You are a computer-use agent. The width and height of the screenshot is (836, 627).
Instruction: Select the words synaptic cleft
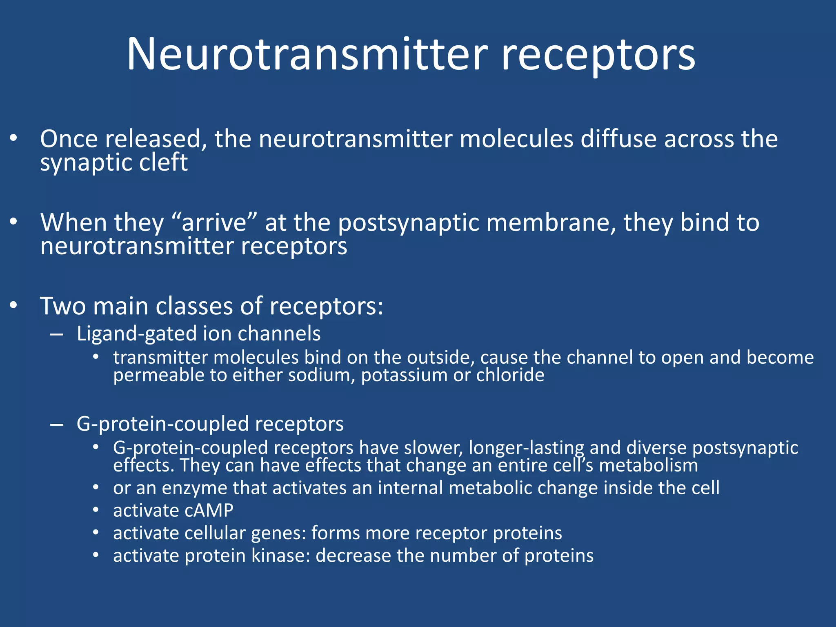(x=113, y=163)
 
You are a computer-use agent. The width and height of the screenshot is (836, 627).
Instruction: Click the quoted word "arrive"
(x=214, y=223)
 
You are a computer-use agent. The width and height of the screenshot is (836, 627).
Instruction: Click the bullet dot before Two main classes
(x=13, y=305)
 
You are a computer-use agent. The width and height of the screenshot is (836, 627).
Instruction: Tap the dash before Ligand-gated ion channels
(x=57, y=334)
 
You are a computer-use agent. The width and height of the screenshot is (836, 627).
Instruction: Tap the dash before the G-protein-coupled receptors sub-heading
(x=57, y=425)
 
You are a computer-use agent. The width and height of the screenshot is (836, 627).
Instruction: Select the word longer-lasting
(x=527, y=448)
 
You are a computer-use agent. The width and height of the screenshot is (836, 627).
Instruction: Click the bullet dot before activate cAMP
(x=96, y=510)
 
